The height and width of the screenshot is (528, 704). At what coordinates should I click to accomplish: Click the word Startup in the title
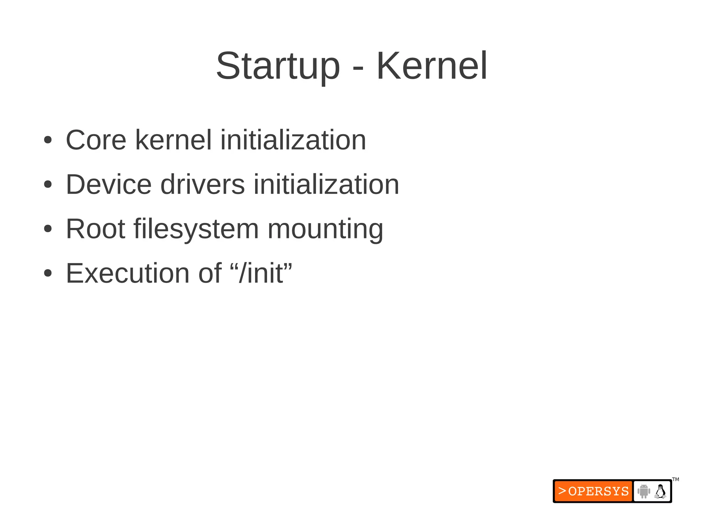point(278,66)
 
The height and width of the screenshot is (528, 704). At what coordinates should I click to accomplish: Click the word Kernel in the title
point(432,66)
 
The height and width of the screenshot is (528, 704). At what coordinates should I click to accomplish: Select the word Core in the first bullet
point(96,140)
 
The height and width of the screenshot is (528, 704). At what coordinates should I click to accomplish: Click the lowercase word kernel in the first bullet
point(174,140)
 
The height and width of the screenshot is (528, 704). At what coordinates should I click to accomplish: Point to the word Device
point(109,185)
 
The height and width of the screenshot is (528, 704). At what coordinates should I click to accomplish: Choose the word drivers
point(202,185)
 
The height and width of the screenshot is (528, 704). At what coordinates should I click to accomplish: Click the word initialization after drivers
point(326,185)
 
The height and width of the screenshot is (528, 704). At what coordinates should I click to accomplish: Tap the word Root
point(95,229)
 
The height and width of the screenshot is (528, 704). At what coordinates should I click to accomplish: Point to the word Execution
point(128,273)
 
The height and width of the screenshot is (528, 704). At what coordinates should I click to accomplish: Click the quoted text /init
point(261,273)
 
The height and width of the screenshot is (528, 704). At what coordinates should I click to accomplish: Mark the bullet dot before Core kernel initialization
point(48,140)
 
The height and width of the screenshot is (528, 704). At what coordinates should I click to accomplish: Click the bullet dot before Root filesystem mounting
point(48,229)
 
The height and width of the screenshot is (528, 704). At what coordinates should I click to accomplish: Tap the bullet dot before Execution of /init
point(48,273)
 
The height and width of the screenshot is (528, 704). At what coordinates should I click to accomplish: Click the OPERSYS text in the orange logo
point(598,491)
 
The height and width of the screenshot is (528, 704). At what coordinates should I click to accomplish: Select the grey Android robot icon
point(643,491)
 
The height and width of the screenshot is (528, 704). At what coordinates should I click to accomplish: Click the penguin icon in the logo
point(660,491)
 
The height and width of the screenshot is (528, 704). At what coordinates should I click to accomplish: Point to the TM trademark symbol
point(675,479)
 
